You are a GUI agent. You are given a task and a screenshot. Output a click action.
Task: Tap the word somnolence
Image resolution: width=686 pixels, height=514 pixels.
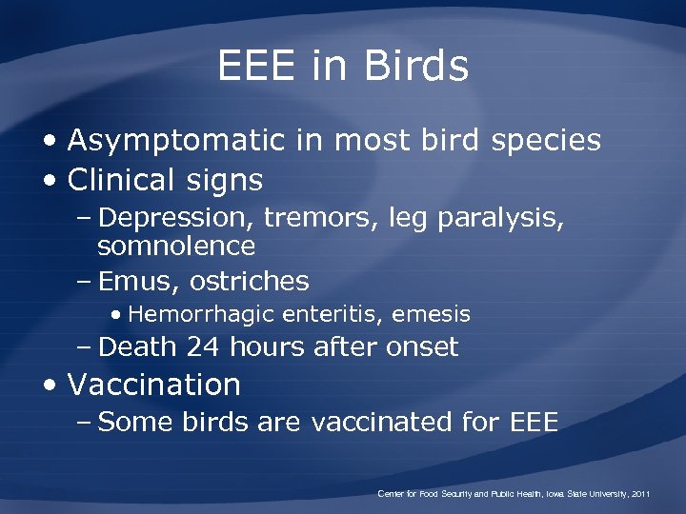click(x=176, y=247)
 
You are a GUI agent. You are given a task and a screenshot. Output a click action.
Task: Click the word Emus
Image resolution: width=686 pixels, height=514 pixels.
click(x=139, y=281)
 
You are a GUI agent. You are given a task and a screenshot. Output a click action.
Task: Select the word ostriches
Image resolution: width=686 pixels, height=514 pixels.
click(x=250, y=281)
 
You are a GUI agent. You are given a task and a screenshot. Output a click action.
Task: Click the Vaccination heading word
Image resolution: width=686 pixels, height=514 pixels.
click(x=154, y=385)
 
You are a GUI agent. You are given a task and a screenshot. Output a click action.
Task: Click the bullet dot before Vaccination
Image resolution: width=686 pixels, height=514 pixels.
click(x=52, y=385)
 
